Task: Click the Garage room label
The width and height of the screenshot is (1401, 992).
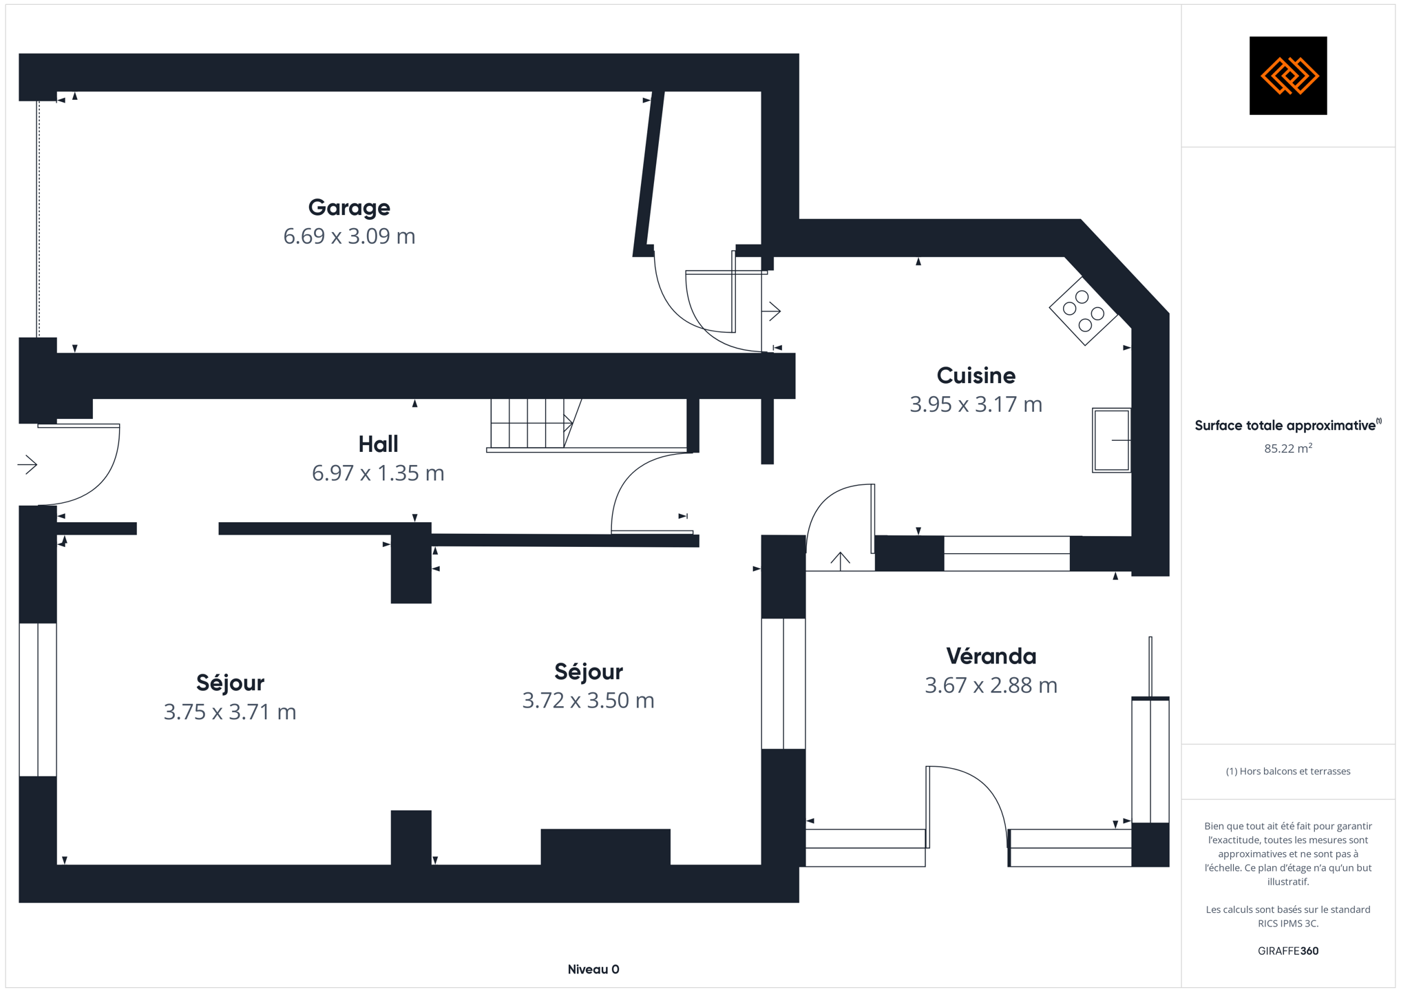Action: tap(349, 207)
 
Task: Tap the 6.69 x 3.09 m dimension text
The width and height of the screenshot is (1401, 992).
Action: tap(349, 236)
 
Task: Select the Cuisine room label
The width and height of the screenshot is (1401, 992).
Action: tap(976, 375)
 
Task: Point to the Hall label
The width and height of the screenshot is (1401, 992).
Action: tap(378, 444)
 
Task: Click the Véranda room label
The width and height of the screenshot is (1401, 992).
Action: tap(991, 657)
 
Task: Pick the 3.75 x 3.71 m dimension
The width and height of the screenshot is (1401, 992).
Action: tap(230, 712)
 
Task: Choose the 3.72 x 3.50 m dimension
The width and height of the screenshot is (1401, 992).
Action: tap(588, 701)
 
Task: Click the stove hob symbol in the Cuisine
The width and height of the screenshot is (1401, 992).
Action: tap(1084, 311)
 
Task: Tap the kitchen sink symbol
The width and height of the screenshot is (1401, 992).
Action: tap(1111, 440)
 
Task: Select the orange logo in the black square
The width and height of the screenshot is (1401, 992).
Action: tap(1288, 76)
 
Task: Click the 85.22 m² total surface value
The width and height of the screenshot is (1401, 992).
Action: tap(1288, 448)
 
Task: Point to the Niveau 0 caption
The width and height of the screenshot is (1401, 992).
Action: tap(593, 969)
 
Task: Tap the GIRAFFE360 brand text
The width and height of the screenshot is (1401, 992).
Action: tap(1288, 951)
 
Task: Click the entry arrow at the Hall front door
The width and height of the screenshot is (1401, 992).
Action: tap(28, 465)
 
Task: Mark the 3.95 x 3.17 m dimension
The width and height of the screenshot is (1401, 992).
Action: tap(976, 404)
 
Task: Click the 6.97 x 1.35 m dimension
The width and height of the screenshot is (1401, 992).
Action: tap(378, 473)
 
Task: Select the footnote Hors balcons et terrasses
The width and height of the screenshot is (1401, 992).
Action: tap(1288, 772)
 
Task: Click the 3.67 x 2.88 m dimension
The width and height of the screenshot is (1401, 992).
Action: tap(991, 685)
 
